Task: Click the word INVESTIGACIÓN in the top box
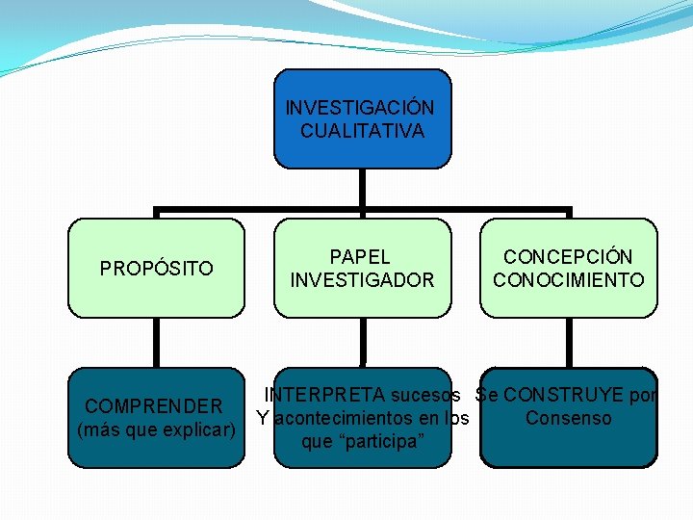pyautogui.click(x=360, y=107)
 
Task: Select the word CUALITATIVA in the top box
pyautogui.click(x=362, y=131)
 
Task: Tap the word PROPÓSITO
pyautogui.click(x=157, y=269)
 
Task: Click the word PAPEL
pyautogui.click(x=360, y=257)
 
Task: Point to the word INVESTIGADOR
pyautogui.click(x=362, y=280)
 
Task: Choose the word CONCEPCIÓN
pyautogui.click(x=568, y=257)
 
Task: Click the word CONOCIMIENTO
pyautogui.click(x=569, y=280)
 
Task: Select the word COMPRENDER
pyautogui.click(x=154, y=405)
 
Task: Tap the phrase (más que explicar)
pyautogui.click(x=156, y=429)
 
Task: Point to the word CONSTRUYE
pyautogui.click(x=562, y=395)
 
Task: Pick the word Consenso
pyautogui.click(x=568, y=418)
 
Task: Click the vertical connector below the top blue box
pyautogui.click(x=362, y=189)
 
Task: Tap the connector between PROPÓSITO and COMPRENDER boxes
pyautogui.click(x=156, y=342)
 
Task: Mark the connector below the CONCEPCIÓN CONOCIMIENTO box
pyautogui.click(x=568, y=342)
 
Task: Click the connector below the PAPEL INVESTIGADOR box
pyautogui.click(x=362, y=342)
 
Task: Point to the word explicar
pyautogui.click(x=198, y=429)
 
